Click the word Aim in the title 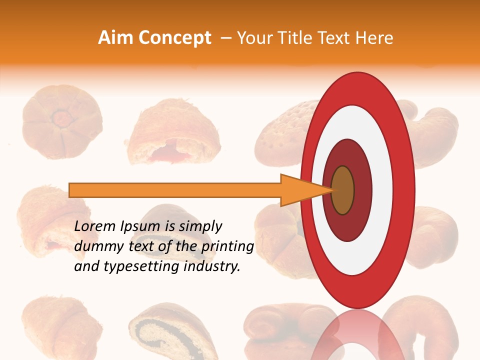(115, 38)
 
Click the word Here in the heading (375, 38)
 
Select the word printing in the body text (227, 246)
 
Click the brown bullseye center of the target (343, 190)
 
